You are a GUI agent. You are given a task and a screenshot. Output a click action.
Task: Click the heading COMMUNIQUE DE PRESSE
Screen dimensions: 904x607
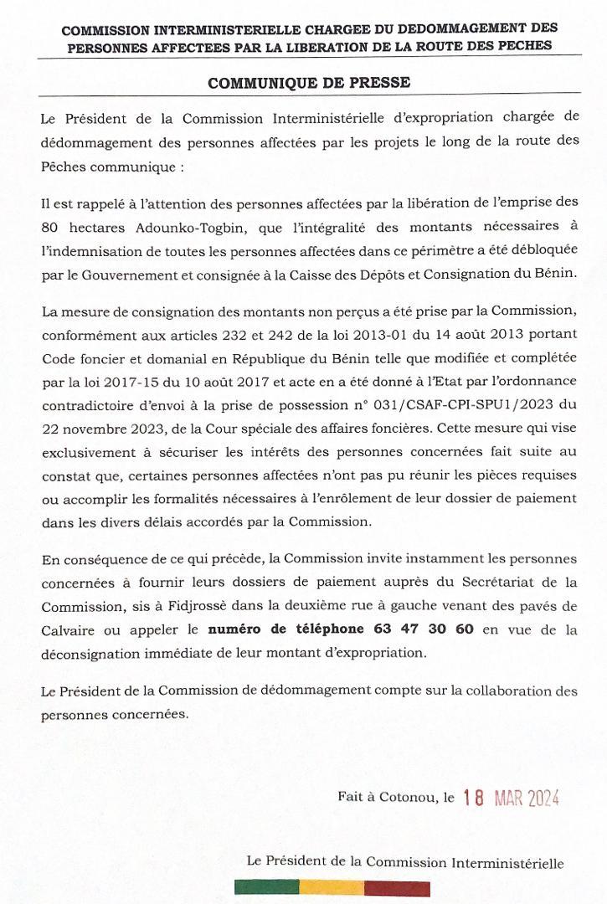[308, 83]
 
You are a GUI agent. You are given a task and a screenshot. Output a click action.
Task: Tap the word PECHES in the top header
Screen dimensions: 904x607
[526, 45]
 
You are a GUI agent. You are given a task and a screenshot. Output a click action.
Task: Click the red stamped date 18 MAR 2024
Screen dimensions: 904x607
[510, 798]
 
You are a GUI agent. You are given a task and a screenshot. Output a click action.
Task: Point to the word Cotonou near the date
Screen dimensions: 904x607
[409, 798]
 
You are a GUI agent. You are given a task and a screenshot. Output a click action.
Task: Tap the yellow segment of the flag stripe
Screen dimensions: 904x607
[332, 888]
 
